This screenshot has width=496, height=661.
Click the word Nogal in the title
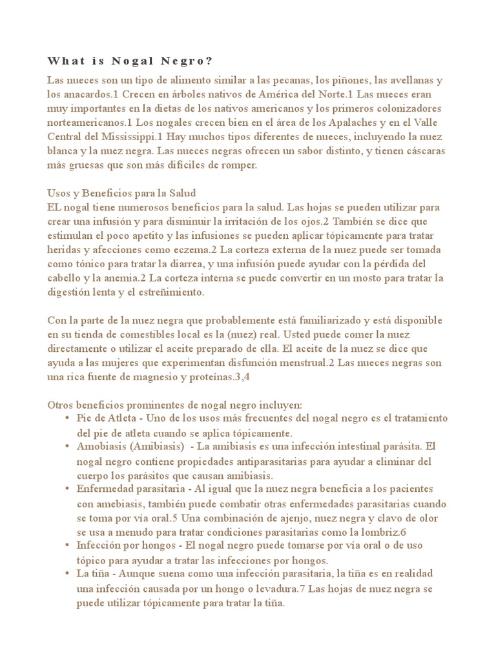coord(133,61)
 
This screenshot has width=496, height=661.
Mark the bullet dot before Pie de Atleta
coord(68,420)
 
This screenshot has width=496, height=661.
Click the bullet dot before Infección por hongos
coord(68,546)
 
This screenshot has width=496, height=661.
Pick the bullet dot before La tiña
coord(68,574)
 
